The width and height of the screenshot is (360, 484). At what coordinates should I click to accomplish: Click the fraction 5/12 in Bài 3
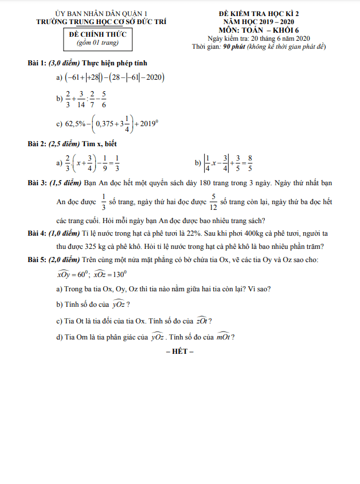point(213,201)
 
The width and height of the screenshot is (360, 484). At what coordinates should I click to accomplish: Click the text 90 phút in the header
point(234,46)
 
